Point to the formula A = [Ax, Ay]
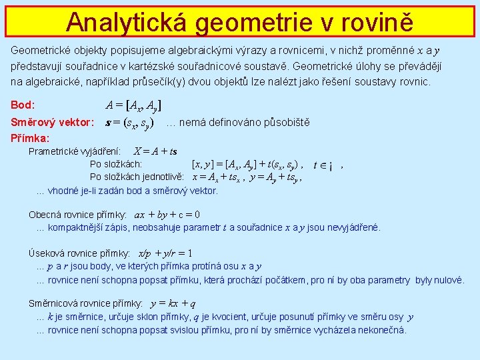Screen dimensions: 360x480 click(x=133, y=105)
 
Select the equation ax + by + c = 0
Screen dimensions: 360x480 click(x=167, y=215)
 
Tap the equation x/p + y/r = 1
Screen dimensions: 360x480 click(x=165, y=253)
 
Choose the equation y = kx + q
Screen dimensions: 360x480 click(x=173, y=304)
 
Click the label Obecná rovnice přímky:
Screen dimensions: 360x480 click(x=78, y=215)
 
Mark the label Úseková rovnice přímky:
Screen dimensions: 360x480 click(x=79, y=253)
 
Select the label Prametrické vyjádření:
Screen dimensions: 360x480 click(x=74, y=151)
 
